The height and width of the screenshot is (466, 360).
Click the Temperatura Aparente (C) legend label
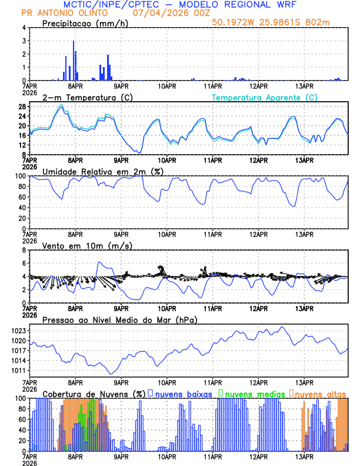point(264,97)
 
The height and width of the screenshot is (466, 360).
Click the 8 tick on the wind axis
point(24,250)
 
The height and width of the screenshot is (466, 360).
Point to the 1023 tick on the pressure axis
point(16,331)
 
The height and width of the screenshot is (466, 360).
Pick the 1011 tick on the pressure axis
point(16,370)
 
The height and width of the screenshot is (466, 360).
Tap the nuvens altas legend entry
point(320,393)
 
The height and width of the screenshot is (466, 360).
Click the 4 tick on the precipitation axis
point(24,28)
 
